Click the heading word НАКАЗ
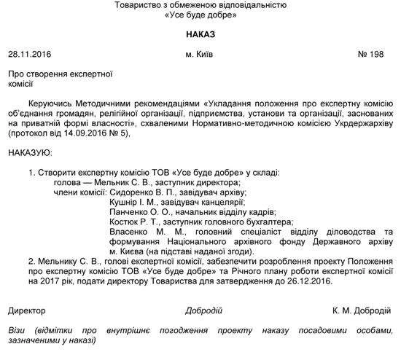(x=200, y=35)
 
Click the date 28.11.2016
(x=28, y=55)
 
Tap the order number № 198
(x=376, y=55)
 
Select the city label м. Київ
(x=200, y=55)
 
